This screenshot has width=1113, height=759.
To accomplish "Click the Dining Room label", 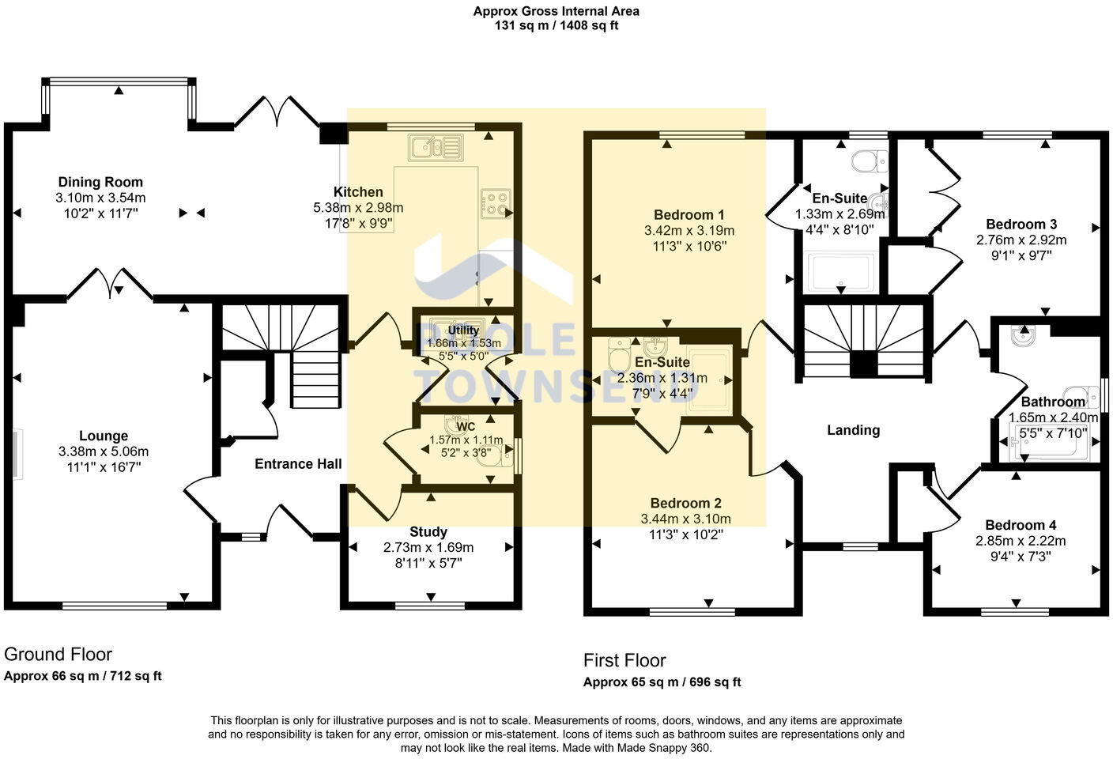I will pos(100,183).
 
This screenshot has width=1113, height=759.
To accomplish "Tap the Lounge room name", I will pos(104,436).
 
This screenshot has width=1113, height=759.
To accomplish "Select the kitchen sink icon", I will pos(434,147).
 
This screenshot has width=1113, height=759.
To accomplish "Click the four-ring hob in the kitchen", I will pos(496,204).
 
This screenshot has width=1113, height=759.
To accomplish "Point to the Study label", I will pos(428,532).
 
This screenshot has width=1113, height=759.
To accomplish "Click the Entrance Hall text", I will pos(298,464).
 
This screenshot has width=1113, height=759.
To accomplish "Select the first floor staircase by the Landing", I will pos(863,340).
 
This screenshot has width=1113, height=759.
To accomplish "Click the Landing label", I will pos(853,430).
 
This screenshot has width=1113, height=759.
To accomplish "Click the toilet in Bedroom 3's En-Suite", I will pos(871,160).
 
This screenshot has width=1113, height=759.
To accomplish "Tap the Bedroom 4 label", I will pos(1021,525).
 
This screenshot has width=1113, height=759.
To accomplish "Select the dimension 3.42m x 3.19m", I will pos(689,231).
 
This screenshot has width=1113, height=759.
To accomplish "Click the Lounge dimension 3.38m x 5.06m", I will pos(104,451).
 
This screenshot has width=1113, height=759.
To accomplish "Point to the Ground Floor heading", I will pos(58,655).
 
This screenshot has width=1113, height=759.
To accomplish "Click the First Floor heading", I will pos(624,660).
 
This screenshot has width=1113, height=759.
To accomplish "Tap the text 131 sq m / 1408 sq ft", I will pos(556,25).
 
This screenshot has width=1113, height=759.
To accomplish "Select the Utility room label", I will pos(463,330).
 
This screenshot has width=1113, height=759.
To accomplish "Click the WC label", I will pos(466,427).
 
